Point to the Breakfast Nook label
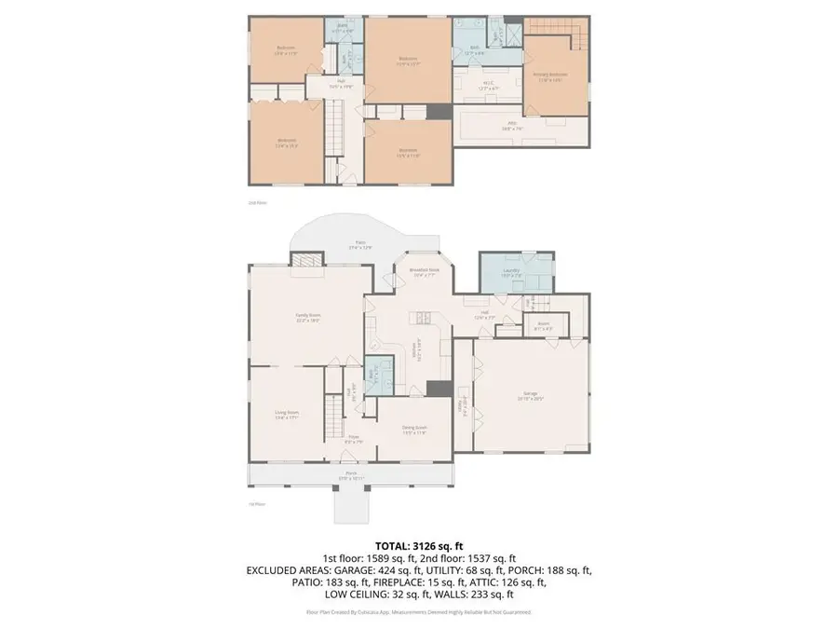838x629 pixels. pyautogui.click(x=423, y=272)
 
